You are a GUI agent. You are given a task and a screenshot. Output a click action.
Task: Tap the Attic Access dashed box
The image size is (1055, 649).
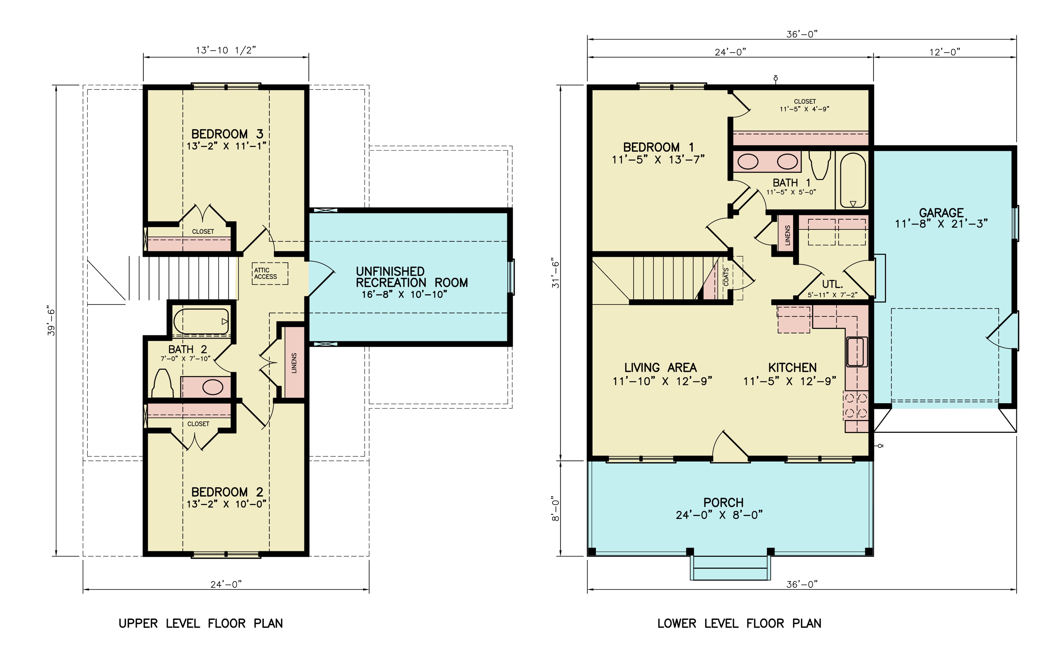270,273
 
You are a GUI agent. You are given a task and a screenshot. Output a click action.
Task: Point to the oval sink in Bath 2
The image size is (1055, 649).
213,387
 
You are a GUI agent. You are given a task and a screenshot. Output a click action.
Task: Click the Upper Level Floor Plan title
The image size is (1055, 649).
201,623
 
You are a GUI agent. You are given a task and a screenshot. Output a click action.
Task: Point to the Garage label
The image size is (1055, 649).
941,213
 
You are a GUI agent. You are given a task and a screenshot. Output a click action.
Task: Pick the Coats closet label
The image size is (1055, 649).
726,277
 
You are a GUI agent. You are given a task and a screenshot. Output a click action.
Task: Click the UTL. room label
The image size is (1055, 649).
832,284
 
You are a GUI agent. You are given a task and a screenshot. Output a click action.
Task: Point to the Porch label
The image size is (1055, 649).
724,503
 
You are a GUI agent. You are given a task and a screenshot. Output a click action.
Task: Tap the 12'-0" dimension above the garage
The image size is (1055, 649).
945,52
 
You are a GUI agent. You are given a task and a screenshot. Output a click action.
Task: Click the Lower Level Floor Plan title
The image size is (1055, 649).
739,623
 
